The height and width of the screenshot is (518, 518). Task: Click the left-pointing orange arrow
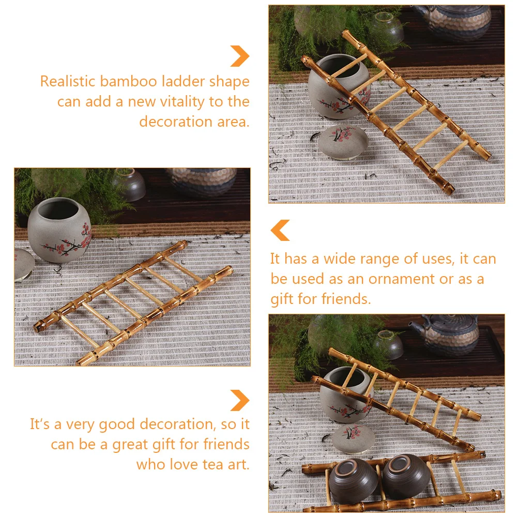(280, 230)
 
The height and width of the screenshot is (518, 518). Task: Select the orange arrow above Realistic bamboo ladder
(240, 56)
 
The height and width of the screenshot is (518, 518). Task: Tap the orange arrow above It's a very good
(240, 400)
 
